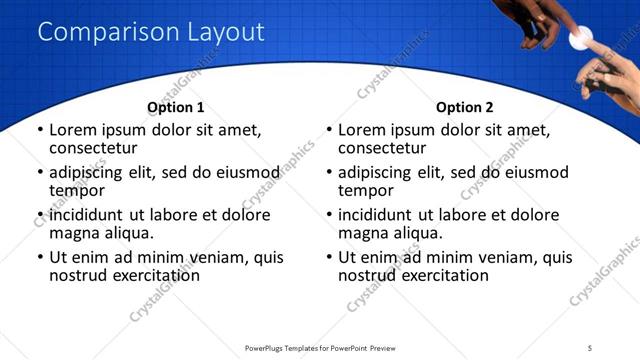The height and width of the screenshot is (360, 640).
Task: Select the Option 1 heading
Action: (x=175, y=107)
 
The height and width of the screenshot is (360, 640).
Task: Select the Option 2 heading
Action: (x=464, y=107)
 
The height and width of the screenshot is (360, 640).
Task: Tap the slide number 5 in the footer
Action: (x=590, y=348)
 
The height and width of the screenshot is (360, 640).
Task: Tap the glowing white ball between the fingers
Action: (x=578, y=40)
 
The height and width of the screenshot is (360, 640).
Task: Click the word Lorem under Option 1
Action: (x=73, y=130)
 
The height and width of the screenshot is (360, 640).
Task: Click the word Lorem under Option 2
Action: (x=362, y=130)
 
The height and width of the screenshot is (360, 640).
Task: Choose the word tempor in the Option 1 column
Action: (x=77, y=190)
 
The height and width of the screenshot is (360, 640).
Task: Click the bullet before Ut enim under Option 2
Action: (x=329, y=258)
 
